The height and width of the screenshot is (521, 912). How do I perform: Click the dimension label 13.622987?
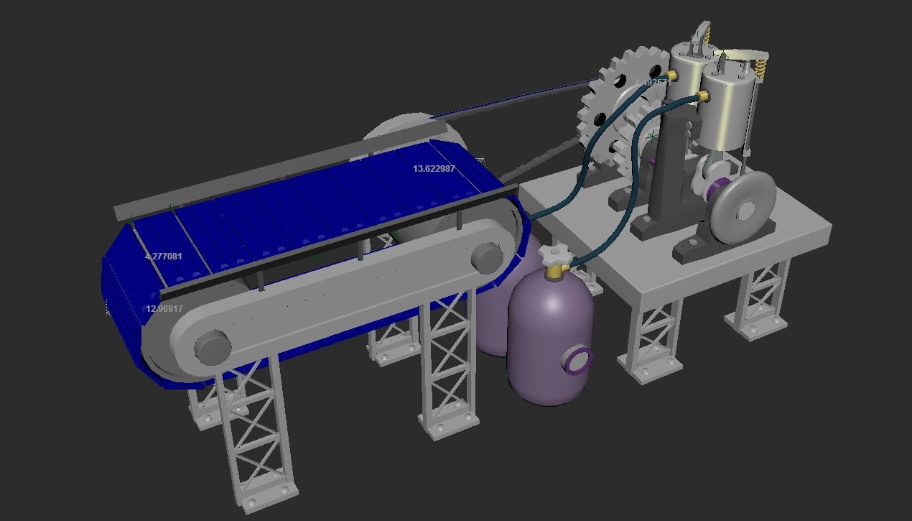[x=434, y=169]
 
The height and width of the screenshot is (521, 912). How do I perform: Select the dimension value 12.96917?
[x=164, y=309]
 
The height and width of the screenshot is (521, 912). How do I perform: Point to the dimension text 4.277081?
[x=163, y=257]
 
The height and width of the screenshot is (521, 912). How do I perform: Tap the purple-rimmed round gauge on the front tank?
[x=579, y=360]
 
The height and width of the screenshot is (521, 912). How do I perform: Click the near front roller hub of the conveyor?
[x=213, y=346]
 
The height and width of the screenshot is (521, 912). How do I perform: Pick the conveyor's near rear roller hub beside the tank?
[x=486, y=257]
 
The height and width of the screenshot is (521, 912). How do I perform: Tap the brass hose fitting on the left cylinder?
[x=671, y=75]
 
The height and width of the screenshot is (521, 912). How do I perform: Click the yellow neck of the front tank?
[x=554, y=272]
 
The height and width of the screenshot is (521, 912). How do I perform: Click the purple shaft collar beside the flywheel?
[x=717, y=191]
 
